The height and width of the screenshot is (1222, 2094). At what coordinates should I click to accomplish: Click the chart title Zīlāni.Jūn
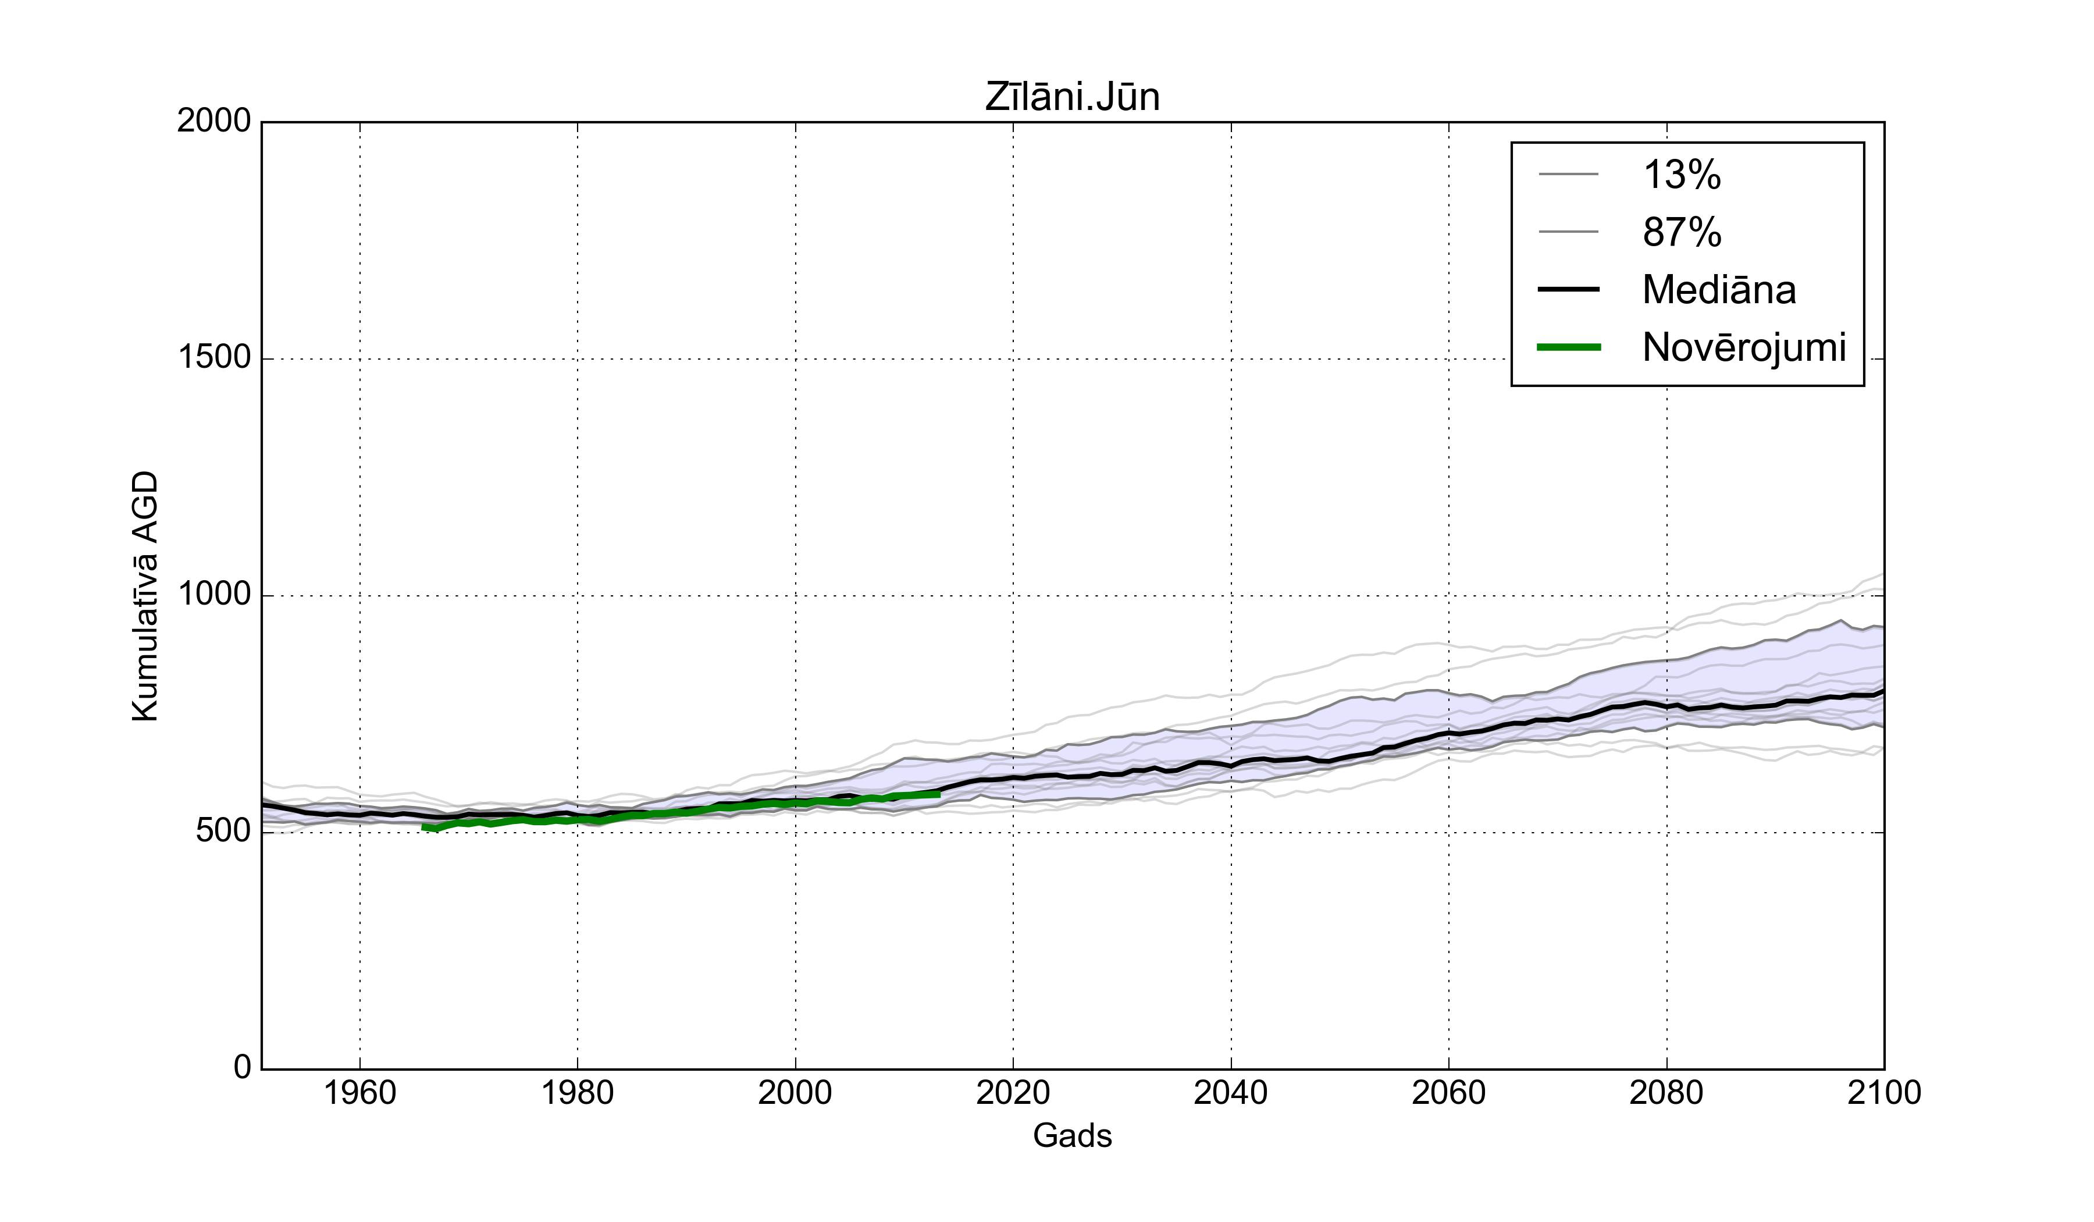click(x=1072, y=97)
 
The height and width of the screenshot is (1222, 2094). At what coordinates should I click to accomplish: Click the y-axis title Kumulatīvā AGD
click(x=145, y=596)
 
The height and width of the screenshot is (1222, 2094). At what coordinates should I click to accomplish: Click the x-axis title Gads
click(x=1072, y=1135)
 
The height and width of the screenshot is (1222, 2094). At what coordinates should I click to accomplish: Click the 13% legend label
click(x=1682, y=175)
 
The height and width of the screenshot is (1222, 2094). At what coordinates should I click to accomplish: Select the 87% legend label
click(x=1682, y=233)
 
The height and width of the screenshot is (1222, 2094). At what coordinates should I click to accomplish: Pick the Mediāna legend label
click(x=1718, y=290)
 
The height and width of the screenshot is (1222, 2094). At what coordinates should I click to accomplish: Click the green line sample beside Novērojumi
click(x=1569, y=347)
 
